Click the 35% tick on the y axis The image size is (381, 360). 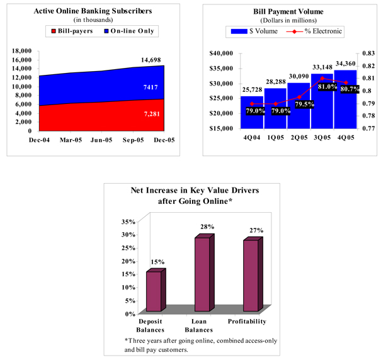[128, 222]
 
